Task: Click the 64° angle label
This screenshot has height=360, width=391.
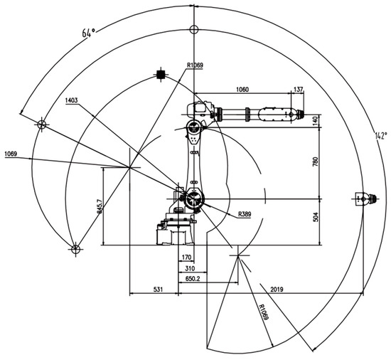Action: (x=89, y=32)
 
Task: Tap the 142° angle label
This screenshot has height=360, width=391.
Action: (x=381, y=136)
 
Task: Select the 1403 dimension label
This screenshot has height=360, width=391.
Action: (x=71, y=100)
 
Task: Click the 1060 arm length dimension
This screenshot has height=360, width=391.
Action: (x=242, y=90)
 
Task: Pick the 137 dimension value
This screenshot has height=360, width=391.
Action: (x=299, y=90)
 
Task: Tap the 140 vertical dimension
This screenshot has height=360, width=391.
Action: (x=316, y=121)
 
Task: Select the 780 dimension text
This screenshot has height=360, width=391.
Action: (x=316, y=162)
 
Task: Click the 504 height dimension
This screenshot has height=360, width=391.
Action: (x=316, y=217)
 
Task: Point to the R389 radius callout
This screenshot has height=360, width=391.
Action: (x=245, y=214)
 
